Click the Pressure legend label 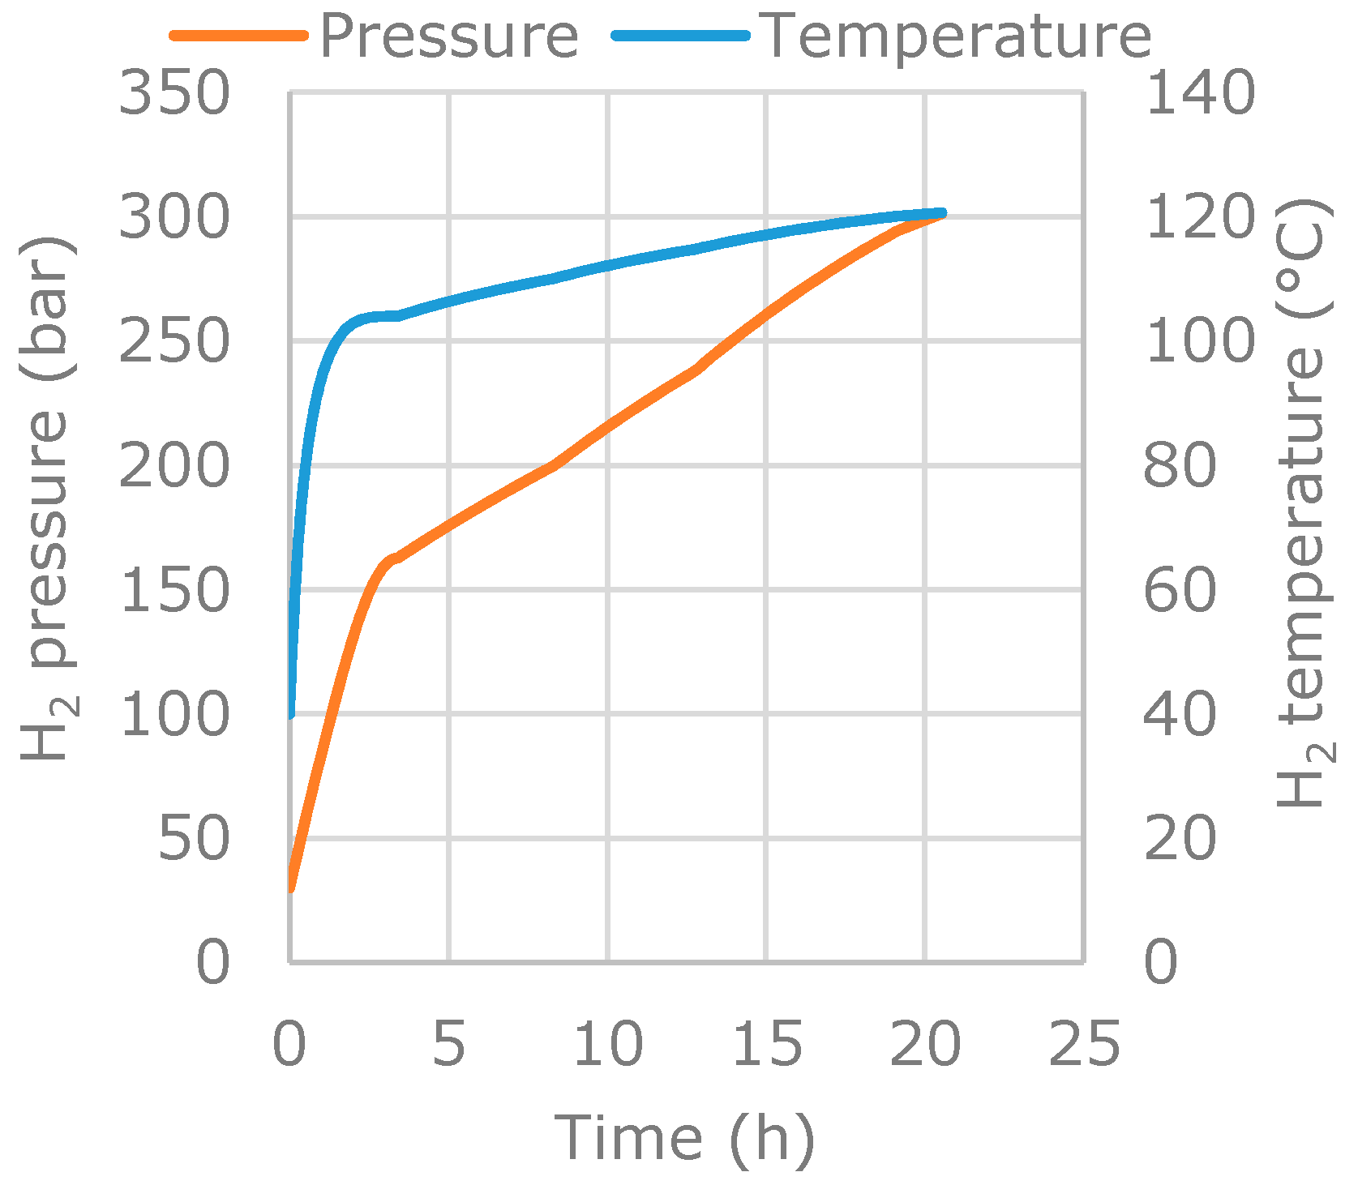coord(449,36)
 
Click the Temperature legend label coord(957,36)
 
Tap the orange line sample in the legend coord(239,36)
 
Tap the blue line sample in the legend coord(681,36)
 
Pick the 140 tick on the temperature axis coord(1200,93)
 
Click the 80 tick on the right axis coord(1180,466)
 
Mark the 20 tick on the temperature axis coord(1180,839)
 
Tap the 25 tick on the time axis coord(1084,1044)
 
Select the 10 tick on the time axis coord(608,1044)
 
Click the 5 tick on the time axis coord(448,1044)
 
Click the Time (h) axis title coord(683,1137)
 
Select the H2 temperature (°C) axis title coord(1303,503)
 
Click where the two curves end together coord(941,214)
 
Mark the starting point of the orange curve coord(291,889)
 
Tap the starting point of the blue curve coord(291,715)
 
